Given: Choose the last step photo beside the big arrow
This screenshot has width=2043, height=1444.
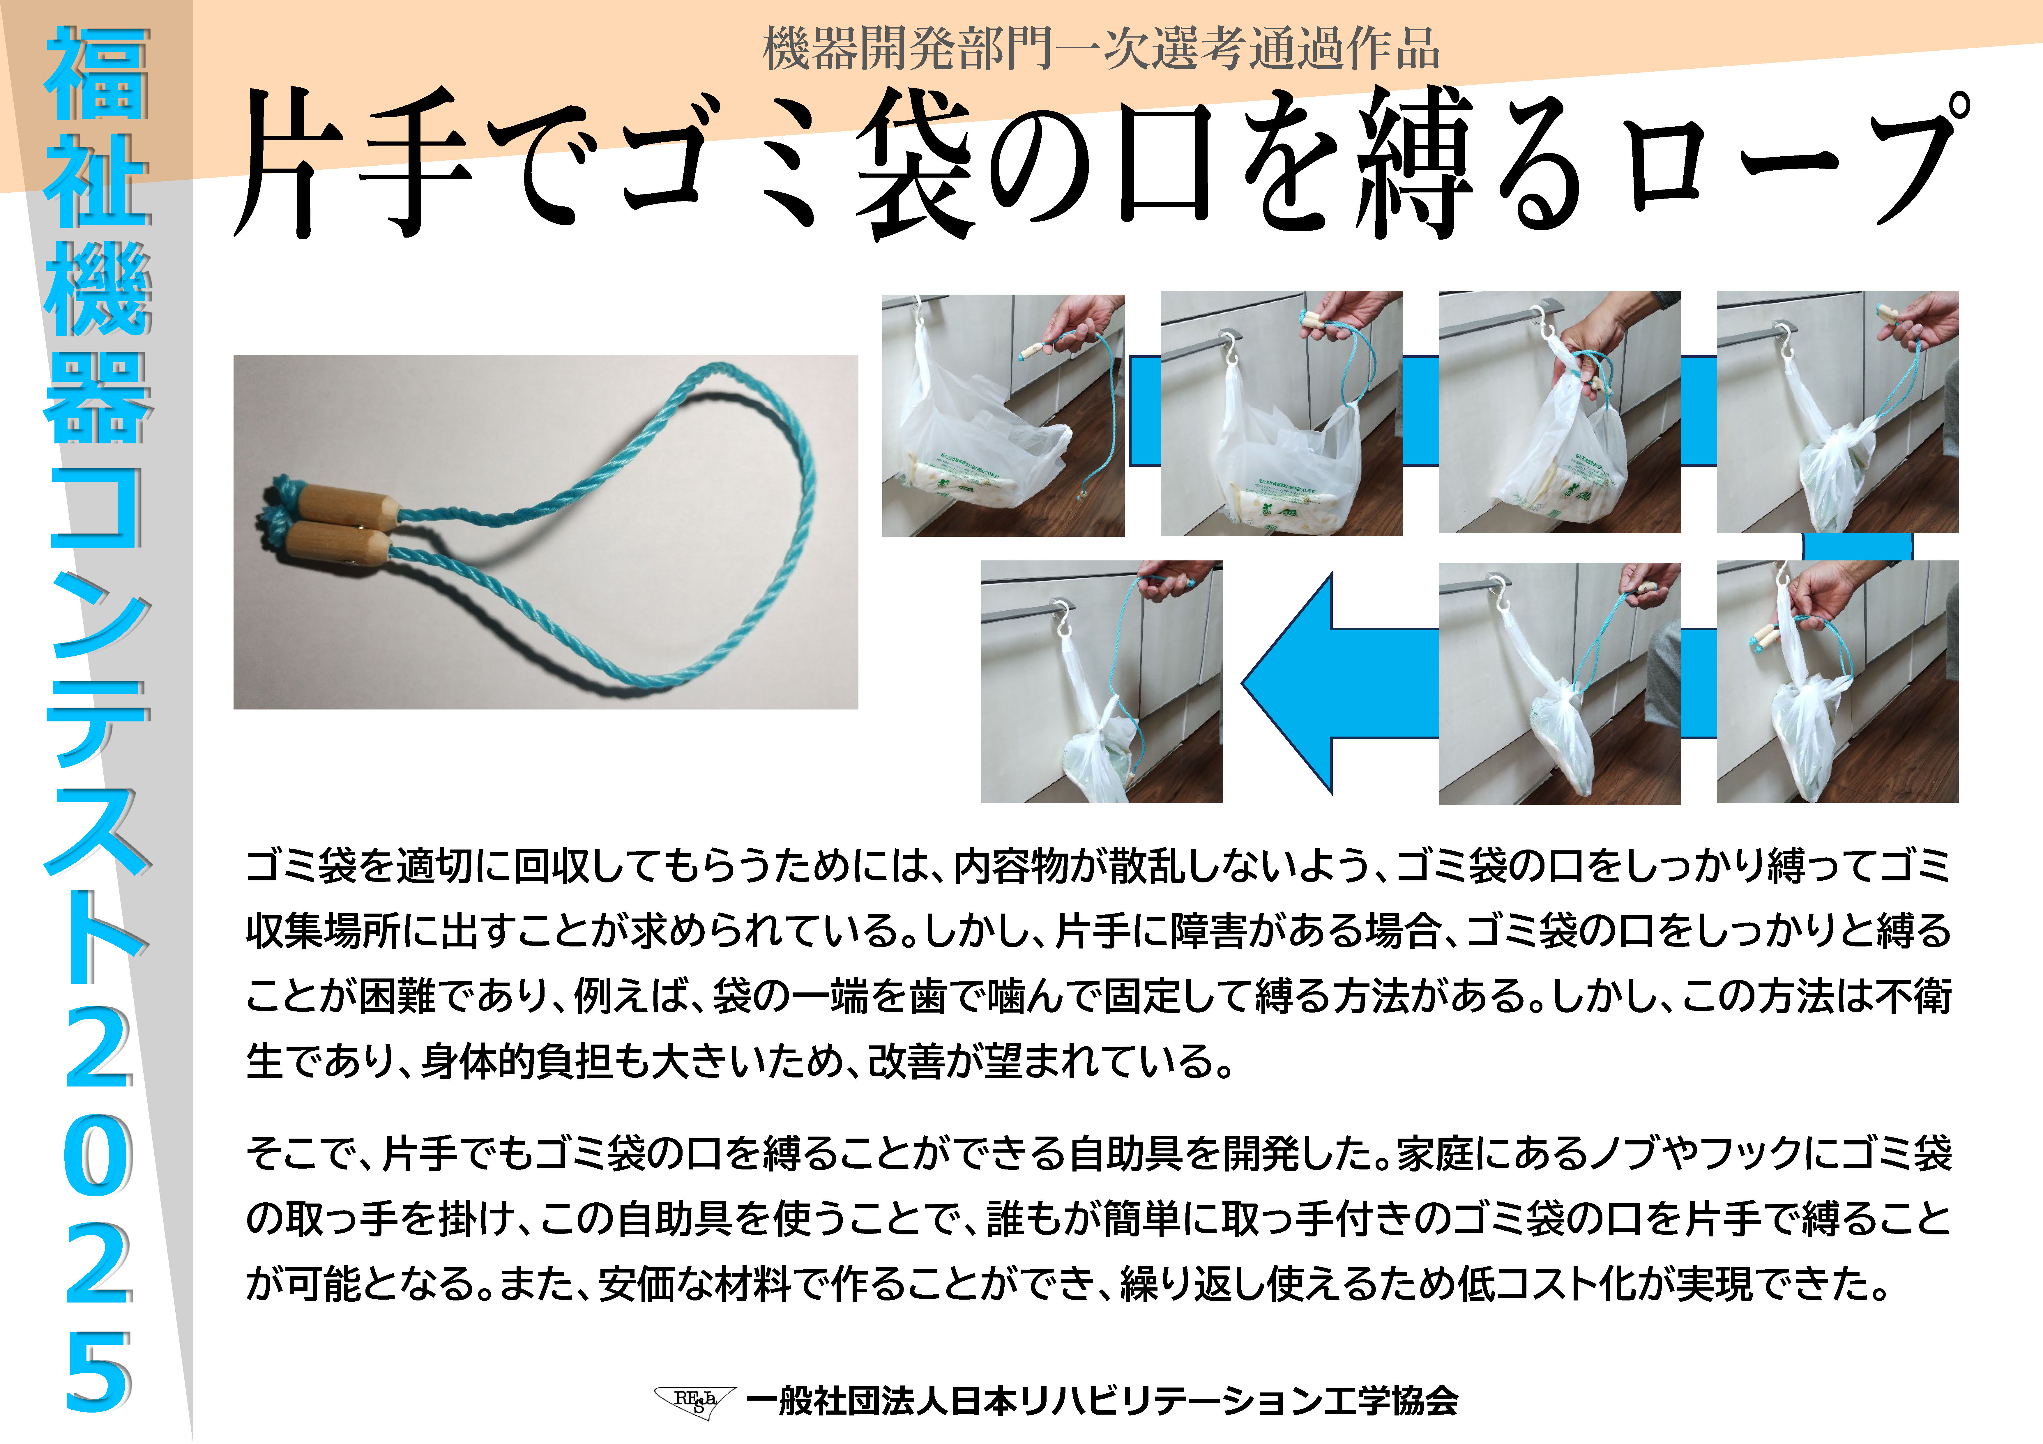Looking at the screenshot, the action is pyautogui.click(x=1102, y=682).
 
